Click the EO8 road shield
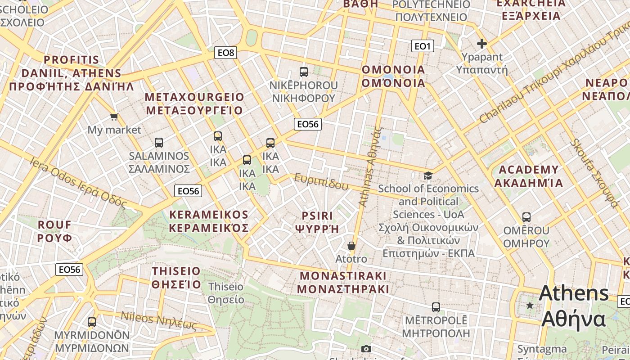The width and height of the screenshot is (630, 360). coord(225,53)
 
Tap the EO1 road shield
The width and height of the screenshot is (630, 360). coord(423,45)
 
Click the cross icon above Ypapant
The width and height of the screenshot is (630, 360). coord(482,44)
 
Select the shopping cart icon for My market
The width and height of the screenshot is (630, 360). coord(114,117)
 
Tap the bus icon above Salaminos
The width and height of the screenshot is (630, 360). coord(159,143)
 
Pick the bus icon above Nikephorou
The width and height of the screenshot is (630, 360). coord(304,72)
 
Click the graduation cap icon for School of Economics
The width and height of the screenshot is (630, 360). coord(428,175)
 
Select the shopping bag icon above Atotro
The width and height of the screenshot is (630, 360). coord(351,246)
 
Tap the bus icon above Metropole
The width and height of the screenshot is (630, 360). coord(436,307)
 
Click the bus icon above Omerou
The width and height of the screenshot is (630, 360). coord(526,217)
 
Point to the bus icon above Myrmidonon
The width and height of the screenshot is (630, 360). coord(92,322)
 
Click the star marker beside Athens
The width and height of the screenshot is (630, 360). coord(530,306)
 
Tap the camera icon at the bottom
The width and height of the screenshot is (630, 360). coord(366,349)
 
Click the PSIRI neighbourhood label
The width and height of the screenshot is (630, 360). coord(317,216)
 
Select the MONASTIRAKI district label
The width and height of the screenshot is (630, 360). coord(343,275)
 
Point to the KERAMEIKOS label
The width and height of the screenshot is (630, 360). coord(209,215)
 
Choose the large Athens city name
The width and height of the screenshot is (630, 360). coord(574,293)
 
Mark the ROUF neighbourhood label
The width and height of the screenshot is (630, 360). coord(55,225)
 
